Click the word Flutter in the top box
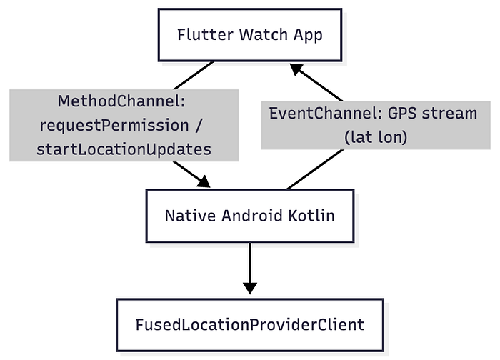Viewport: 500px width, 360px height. pos(205,34)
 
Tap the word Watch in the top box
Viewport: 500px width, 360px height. pos(264,34)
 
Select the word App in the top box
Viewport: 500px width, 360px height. pos(308,36)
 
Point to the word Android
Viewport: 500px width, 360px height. pos(252,216)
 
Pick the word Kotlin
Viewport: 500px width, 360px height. pos(311,216)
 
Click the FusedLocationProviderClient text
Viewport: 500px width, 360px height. pos(250,324)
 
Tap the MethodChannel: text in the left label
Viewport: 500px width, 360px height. pos(121,101)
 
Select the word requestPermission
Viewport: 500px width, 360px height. pos(114,125)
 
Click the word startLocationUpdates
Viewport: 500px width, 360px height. pos(124,149)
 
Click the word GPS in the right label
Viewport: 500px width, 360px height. pos(401,113)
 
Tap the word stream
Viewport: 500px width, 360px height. pos(449,114)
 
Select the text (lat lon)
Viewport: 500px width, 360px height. pos(376,137)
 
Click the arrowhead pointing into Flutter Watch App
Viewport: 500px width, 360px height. pos(296,69)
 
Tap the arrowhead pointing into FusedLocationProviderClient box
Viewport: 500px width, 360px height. pos(250,289)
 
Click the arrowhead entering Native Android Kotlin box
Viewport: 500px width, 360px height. pos(204,181)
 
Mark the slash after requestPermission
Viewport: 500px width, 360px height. pos(199,125)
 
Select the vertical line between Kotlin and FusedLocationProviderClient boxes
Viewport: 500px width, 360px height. pos(250,263)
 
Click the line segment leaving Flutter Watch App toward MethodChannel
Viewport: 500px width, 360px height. pos(194,75)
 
